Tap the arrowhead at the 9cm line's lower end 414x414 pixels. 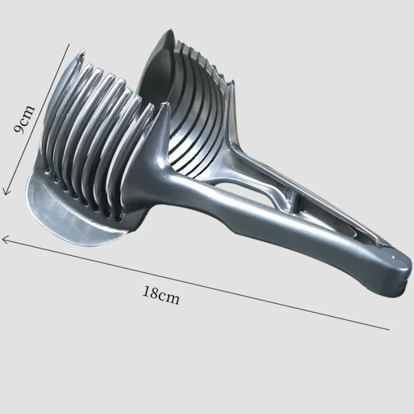point(6,192)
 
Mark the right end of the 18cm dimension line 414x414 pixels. point(388,329)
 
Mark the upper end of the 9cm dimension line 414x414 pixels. point(69,45)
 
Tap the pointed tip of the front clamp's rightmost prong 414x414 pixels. point(165,107)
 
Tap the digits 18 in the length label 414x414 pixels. point(152,293)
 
